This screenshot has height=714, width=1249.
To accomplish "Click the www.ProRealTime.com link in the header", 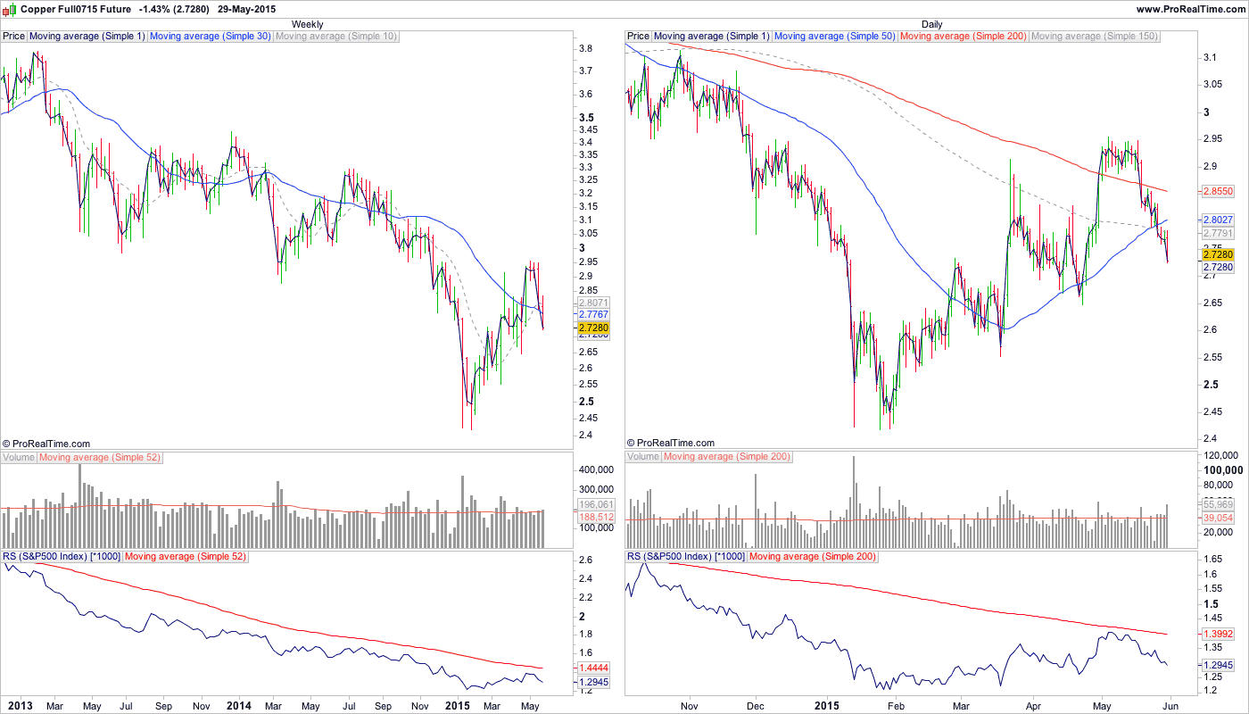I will click(x=1191, y=9).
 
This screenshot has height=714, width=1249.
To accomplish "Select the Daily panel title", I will click(x=931, y=24).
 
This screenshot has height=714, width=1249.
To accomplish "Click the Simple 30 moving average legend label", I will click(x=210, y=37).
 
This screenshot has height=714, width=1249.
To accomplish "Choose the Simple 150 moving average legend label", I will click(x=1094, y=37).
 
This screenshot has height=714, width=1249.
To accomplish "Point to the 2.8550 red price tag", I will click(x=1219, y=191).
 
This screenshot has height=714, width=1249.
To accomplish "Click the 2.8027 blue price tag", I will click(x=1219, y=220).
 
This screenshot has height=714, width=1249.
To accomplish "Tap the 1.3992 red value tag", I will click(x=1219, y=633).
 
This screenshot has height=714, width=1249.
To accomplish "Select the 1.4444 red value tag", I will click(x=594, y=668).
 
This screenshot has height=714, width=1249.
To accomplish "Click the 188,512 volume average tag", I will click(x=594, y=517).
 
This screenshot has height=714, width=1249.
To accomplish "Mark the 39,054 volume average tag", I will click(x=1219, y=518).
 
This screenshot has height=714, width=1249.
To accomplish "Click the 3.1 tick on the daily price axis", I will click(x=1211, y=57).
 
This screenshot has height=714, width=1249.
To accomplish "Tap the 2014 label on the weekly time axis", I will click(x=238, y=706).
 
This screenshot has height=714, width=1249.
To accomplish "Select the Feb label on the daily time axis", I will click(x=895, y=706).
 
